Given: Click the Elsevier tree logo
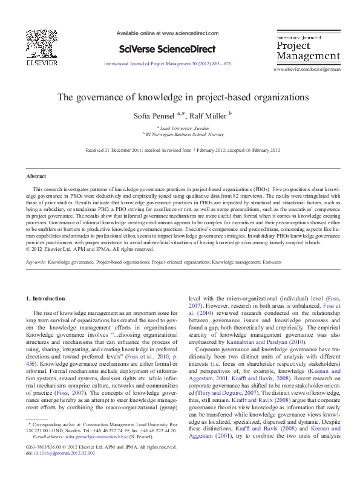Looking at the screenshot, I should point(40,44).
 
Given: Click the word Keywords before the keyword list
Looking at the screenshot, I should point(36,263).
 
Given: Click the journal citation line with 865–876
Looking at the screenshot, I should point(168,63).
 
